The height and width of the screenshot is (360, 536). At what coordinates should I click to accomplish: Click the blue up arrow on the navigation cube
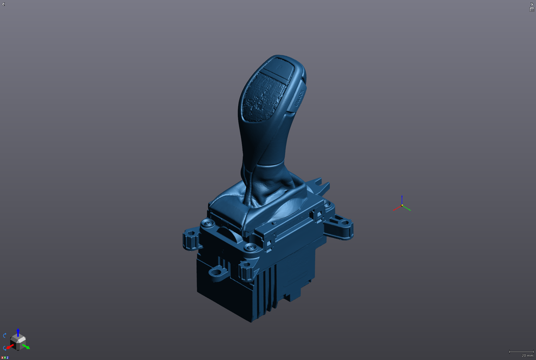[x=18, y=331]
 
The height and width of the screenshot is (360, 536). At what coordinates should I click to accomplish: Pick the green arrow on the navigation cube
[x=26, y=346]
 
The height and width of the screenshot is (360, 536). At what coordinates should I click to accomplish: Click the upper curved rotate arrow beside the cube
[x=5, y=336]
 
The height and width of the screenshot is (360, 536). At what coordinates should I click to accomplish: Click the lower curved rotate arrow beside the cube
[x=5, y=348]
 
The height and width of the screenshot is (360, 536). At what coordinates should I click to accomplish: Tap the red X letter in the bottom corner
[x=2, y=357]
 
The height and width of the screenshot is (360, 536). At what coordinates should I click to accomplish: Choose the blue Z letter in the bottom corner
[x=7, y=357]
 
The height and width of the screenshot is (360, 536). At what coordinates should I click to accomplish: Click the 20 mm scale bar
[x=521, y=353]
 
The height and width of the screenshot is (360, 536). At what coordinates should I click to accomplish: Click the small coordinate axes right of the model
[x=402, y=205]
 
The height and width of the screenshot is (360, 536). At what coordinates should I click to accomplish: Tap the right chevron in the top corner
[x=532, y=4]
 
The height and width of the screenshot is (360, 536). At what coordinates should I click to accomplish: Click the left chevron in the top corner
[x=3, y=4]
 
